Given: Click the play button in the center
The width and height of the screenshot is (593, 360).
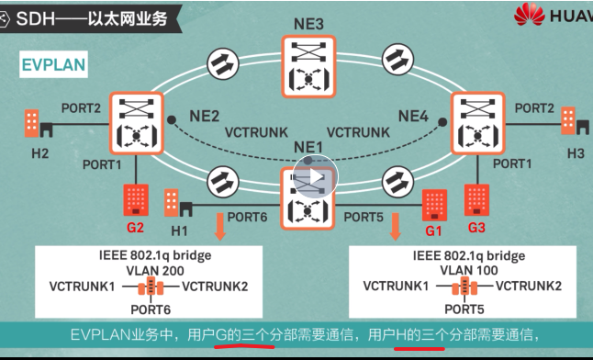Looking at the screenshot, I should pyautogui.click(x=315, y=178).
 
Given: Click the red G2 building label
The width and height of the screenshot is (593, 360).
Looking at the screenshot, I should pyautogui.click(x=136, y=226).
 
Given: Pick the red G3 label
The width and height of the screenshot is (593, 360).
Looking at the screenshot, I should pyautogui.click(x=476, y=226).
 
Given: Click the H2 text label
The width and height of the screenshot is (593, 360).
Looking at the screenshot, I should pyautogui.click(x=39, y=152).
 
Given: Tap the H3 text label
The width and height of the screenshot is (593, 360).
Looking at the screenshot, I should pyautogui.click(x=576, y=153).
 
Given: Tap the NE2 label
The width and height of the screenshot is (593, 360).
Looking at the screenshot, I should pyautogui.click(x=204, y=116).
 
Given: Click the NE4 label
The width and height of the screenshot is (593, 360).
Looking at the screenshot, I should pyautogui.click(x=413, y=116).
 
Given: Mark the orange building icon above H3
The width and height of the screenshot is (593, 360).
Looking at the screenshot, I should pyautogui.click(x=569, y=120).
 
